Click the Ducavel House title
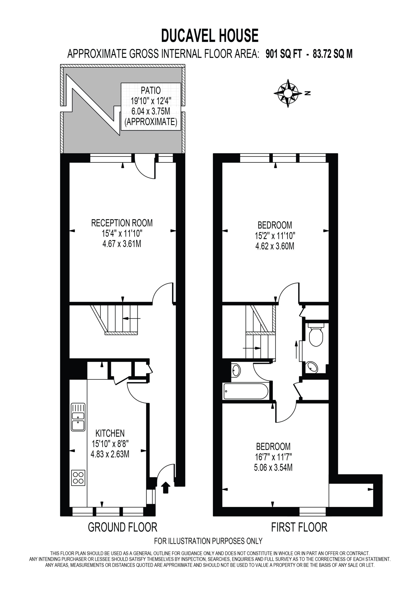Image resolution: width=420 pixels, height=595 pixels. tap(210, 36)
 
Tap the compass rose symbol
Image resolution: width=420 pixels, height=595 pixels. tap(288, 93)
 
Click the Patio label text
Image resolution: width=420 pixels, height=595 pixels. tap(151, 90)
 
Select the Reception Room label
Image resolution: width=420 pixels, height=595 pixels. tap(122, 223)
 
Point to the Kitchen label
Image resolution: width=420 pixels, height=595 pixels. tap(110, 433)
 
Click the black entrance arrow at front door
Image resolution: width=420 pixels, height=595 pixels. tap(166, 487)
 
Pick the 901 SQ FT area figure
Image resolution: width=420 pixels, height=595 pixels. tap(284, 54)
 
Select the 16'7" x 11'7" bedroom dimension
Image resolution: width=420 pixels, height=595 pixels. tap(274, 457)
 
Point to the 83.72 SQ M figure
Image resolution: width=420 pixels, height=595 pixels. tap(333, 54)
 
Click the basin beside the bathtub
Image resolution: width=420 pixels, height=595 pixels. tap(236, 370)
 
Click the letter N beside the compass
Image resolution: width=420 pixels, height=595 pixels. tap(307, 93)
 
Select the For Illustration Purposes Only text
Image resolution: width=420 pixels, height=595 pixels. tap(208, 541)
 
